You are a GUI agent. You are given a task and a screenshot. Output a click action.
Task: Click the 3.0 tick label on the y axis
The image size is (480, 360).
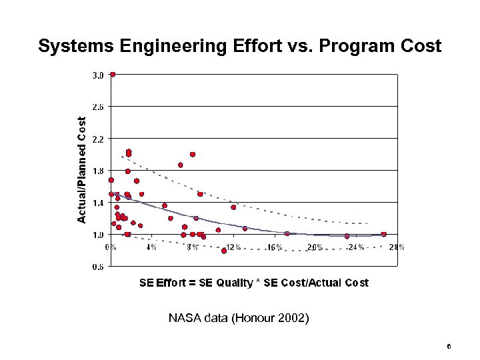pyautogui.click(x=97, y=75)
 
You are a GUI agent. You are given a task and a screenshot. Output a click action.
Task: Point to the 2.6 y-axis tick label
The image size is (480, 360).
pyautogui.click(x=97, y=107)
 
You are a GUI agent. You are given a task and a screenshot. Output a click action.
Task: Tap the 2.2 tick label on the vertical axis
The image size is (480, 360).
pyautogui.click(x=97, y=139)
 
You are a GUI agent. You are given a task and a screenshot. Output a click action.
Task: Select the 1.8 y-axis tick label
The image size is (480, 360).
pyautogui.click(x=97, y=171)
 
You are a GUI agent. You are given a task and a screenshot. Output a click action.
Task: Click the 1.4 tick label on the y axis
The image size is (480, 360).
pyautogui.click(x=97, y=203)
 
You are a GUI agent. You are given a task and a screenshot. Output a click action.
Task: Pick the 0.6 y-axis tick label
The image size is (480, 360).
pyautogui.click(x=97, y=267)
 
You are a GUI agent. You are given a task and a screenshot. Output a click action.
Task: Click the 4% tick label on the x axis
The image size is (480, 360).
pyautogui.click(x=151, y=247)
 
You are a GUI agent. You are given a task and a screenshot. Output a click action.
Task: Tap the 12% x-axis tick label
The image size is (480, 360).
pyautogui.click(x=233, y=247)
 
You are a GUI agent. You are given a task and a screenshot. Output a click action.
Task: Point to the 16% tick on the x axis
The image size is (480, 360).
pyautogui.click(x=275, y=247)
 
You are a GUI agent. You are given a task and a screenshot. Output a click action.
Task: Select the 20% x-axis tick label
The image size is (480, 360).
pyautogui.click(x=315, y=247)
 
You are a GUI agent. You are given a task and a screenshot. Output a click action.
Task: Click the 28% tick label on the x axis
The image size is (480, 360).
pyautogui.click(x=397, y=247)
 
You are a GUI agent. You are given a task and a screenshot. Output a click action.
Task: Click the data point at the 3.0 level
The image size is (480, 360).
pyautogui.click(x=113, y=75)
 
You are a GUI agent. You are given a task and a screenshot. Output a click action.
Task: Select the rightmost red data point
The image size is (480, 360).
pyautogui.click(x=384, y=234)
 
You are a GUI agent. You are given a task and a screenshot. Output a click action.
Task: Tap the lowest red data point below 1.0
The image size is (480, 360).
pyautogui.click(x=224, y=251)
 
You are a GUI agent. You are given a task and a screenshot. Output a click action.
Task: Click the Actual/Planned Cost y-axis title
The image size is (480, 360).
pyautogui.click(x=81, y=170)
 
